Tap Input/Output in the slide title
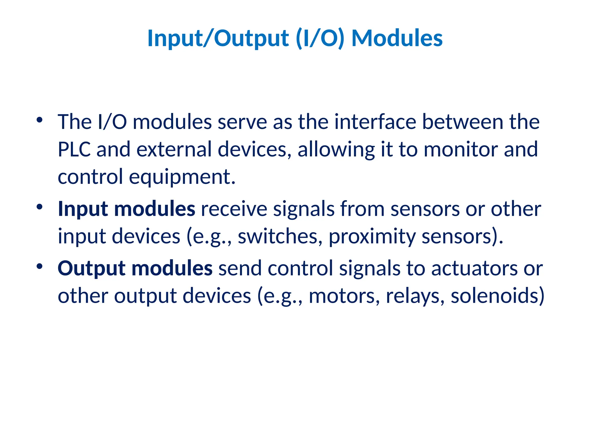(x=218, y=38)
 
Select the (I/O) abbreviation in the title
(x=320, y=38)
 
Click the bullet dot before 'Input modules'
(x=39, y=207)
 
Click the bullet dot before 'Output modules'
(x=39, y=266)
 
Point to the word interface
(x=375, y=122)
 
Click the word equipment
(x=182, y=177)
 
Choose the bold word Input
(x=83, y=209)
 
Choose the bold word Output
(x=92, y=268)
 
